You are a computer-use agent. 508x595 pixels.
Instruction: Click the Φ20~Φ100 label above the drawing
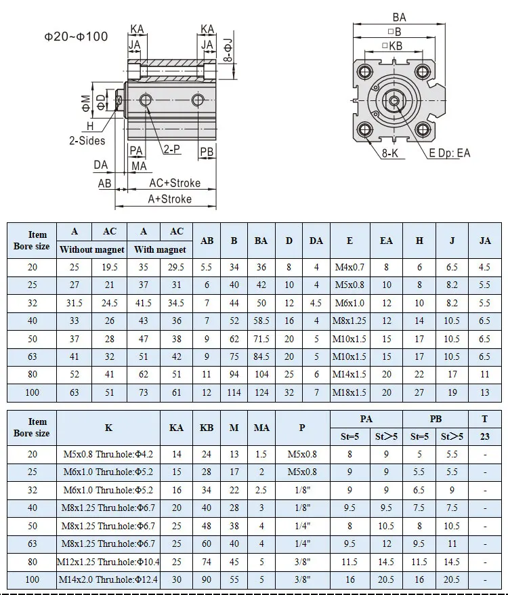pyautogui.click(x=77, y=37)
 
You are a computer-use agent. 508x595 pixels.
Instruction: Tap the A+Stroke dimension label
pyautogui.click(x=169, y=199)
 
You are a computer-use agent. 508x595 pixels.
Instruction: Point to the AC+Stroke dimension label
pyautogui.click(x=175, y=183)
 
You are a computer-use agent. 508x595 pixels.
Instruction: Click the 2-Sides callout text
pyautogui.click(x=87, y=141)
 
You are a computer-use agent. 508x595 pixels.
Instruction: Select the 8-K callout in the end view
pyautogui.click(x=390, y=153)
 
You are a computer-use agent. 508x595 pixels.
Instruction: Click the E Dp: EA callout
pyautogui.click(x=450, y=153)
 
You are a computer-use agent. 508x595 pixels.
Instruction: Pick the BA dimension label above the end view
pyautogui.click(x=399, y=18)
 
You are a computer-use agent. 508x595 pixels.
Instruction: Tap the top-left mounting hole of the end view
pyautogui.click(x=366, y=71)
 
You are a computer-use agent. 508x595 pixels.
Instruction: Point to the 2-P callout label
pyautogui.click(x=172, y=149)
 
